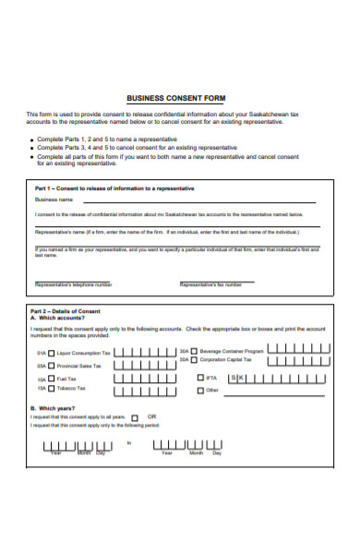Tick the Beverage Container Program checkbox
[195, 351]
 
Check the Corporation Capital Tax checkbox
[195, 359]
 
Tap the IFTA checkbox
[199, 378]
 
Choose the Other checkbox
[199, 391]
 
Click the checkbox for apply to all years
[134, 416]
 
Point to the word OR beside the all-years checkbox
[152, 415]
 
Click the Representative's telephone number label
[74, 284]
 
